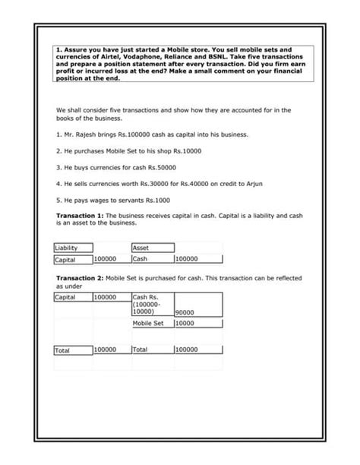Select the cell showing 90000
coord(185,312)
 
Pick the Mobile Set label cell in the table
coord(148,323)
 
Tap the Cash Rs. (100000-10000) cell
coord(150,304)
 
